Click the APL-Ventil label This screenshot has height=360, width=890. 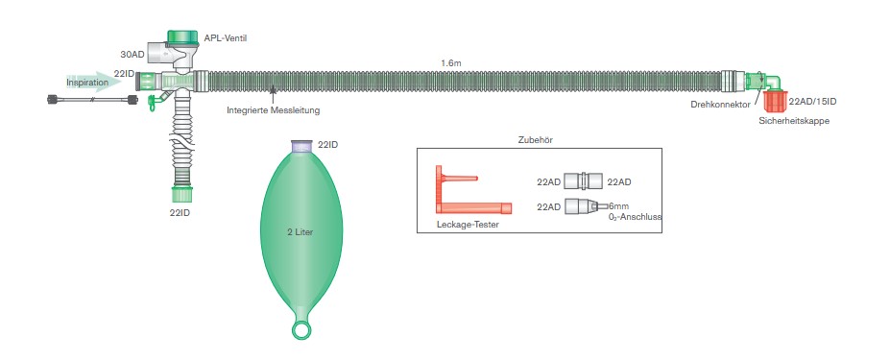(x=226, y=38)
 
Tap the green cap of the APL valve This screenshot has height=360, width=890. (x=182, y=36)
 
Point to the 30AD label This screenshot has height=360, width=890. (x=132, y=55)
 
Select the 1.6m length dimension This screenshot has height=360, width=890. (x=450, y=63)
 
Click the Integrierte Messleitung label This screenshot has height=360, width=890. (x=273, y=110)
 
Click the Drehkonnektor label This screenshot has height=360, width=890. (x=720, y=105)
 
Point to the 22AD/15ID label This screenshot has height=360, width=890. (x=812, y=102)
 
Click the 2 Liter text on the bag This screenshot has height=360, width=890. (x=300, y=231)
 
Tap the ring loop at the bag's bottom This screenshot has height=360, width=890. (x=301, y=330)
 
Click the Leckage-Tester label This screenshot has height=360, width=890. (x=468, y=225)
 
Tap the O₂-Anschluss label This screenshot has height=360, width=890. (x=634, y=216)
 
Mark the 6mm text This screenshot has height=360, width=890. (x=618, y=206)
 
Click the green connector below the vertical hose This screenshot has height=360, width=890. (x=182, y=194)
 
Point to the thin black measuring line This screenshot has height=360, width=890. (x=92, y=100)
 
